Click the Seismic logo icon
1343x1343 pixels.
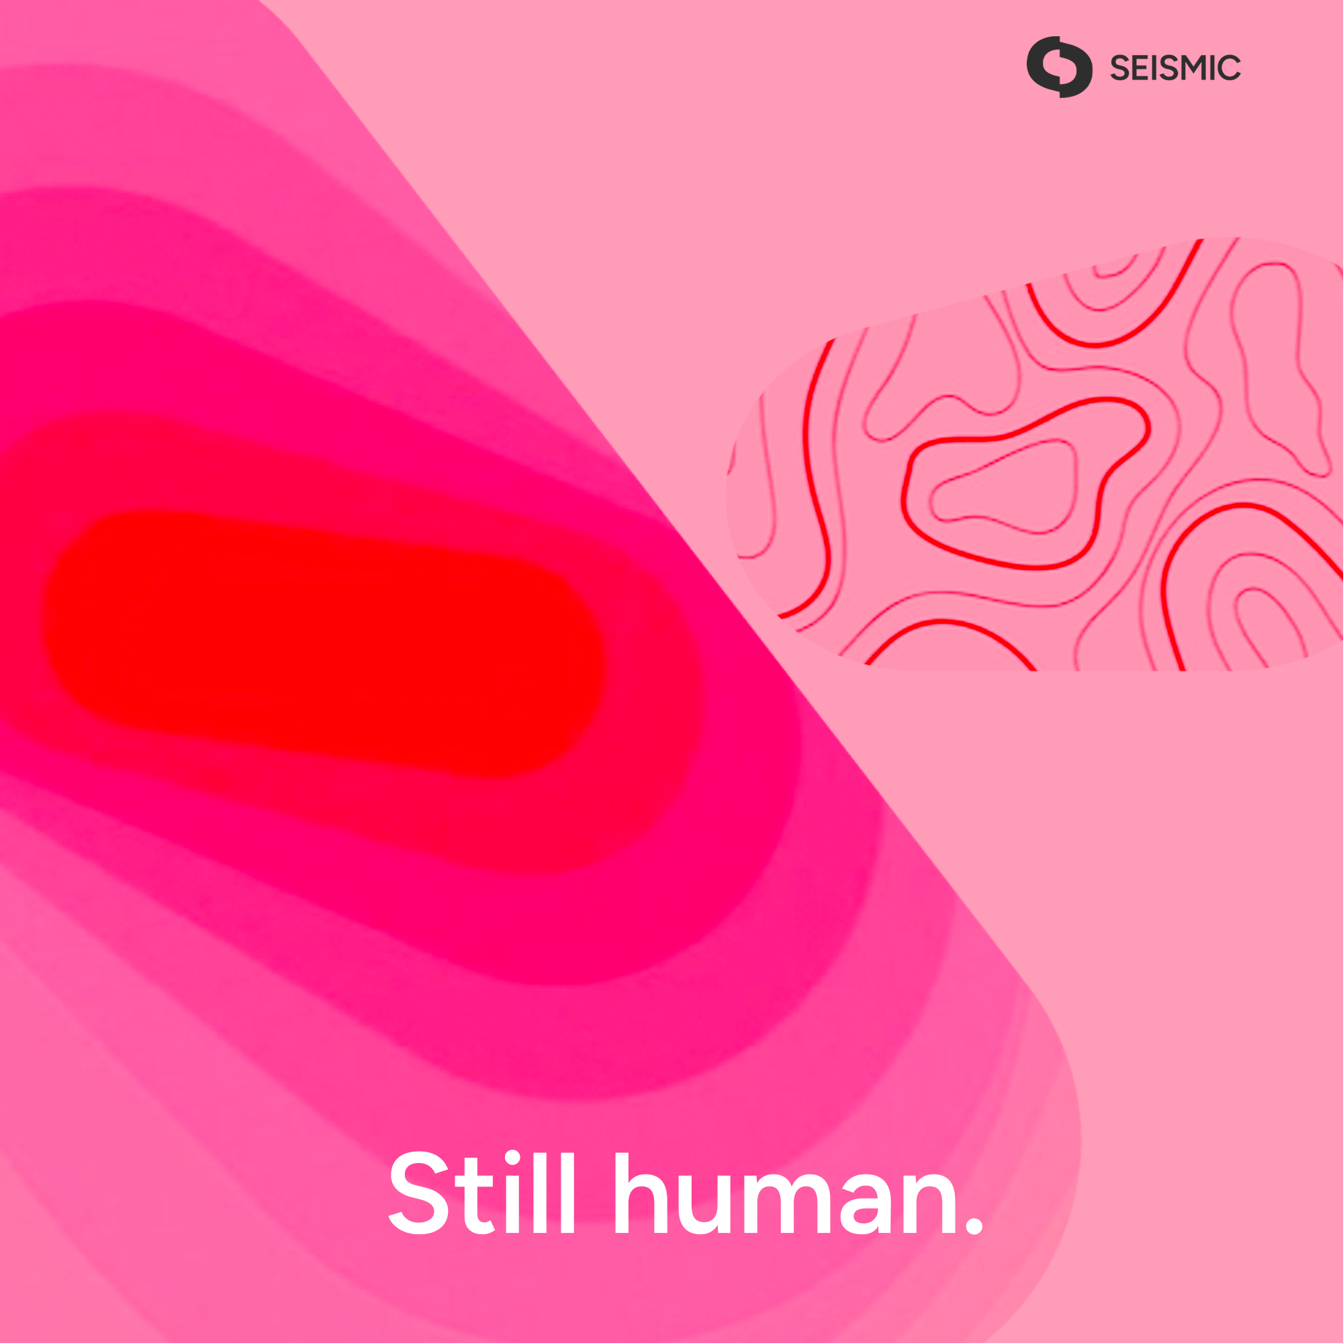pyautogui.click(x=1060, y=66)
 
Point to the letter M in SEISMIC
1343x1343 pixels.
pyautogui.click(x=1198, y=67)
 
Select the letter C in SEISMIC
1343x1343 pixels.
pyautogui.click(x=1229, y=67)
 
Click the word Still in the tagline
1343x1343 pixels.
pyautogui.click(x=481, y=1193)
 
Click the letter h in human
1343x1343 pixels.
pyautogui.click(x=641, y=1193)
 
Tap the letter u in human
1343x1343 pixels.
pyautogui.click(x=706, y=1206)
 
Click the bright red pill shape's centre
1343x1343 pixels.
pyautogui.click(x=323, y=644)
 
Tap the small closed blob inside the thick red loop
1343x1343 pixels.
pyautogui.click(x=1004, y=487)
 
